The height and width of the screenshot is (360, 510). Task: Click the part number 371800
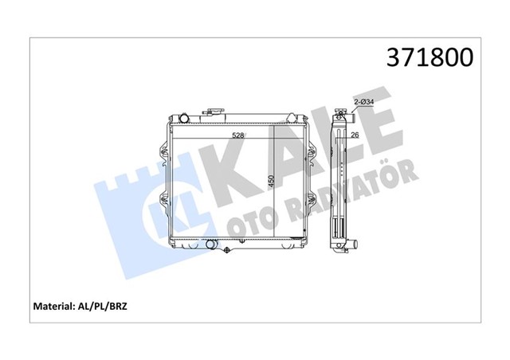(430, 57)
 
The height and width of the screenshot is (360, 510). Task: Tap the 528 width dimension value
(237, 135)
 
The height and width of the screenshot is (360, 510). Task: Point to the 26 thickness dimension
(355, 135)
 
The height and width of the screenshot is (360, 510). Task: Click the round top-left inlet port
(183, 119)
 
